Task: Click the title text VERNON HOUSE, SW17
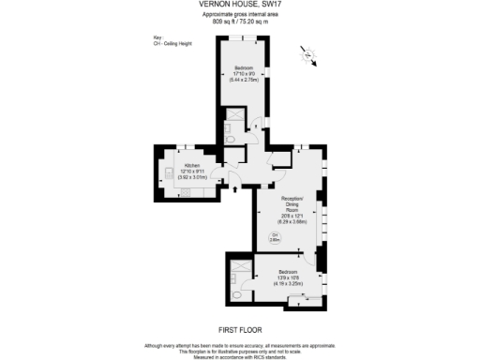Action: (x=239, y=5)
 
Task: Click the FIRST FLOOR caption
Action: (x=239, y=329)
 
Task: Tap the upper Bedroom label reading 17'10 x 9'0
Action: (x=245, y=73)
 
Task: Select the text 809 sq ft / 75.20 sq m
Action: (x=239, y=20)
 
